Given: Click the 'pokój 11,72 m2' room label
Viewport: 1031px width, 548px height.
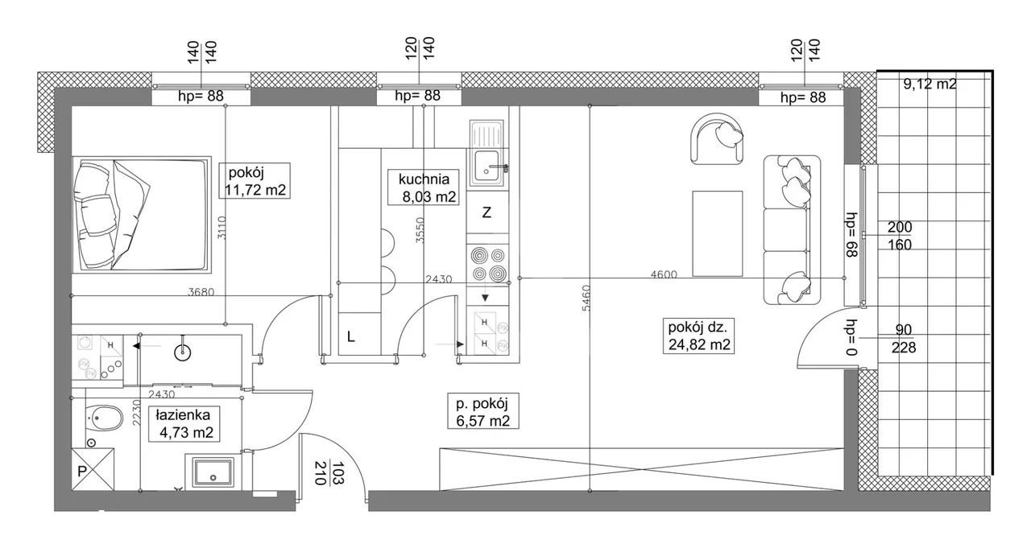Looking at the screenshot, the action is pyautogui.click(x=255, y=181).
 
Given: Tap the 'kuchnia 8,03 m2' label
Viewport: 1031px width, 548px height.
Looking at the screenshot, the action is pyautogui.click(x=424, y=187).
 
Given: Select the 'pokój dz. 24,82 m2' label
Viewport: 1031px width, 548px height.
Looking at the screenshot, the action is pyautogui.click(x=698, y=336).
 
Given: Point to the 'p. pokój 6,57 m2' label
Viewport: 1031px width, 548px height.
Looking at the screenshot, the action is pyautogui.click(x=483, y=411).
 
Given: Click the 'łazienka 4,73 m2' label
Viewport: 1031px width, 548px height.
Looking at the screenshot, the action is pyautogui.click(x=184, y=424).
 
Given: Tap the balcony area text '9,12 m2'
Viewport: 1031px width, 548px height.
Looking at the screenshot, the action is pyautogui.click(x=930, y=84).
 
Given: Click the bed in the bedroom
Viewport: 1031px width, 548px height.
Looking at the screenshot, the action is pyautogui.click(x=142, y=215).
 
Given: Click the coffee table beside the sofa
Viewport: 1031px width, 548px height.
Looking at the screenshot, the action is pyautogui.click(x=718, y=234).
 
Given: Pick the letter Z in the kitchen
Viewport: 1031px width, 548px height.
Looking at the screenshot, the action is pyautogui.click(x=487, y=213).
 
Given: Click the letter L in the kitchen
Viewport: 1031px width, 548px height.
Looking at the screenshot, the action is pyautogui.click(x=350, y=337).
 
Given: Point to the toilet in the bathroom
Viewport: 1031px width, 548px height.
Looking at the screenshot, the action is pyautogui.click(x=105, y=418).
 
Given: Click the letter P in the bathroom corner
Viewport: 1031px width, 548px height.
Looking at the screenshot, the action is pyautogui.click(x=82, y=472).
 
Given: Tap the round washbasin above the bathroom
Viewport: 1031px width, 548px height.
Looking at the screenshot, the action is pyautogui.click(x=183, y=352).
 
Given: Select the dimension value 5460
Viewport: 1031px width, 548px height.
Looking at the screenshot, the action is pyautogui.click(x=586, y=298).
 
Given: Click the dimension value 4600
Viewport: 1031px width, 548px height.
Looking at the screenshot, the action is pyautogui.click(x=664, y=274).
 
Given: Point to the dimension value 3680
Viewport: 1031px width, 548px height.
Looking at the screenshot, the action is pyautogui.click(x=201, y=292).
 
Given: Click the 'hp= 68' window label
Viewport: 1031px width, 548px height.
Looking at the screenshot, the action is pyautogui.click(x=852, y=236).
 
